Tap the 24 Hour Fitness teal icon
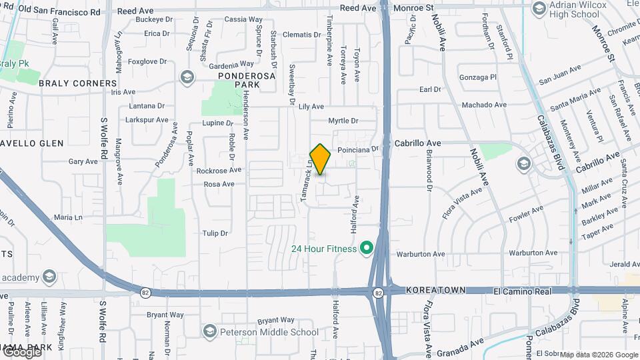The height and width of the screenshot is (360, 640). (x=365, y=249)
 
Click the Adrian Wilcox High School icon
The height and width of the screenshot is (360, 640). (x=539, y=8)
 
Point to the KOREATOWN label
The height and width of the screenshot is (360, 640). (x=435, y=291)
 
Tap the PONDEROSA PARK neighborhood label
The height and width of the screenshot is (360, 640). (x=246, y=81)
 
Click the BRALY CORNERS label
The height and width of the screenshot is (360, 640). (x=77, y=83)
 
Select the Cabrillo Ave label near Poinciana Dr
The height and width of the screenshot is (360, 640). (x=418, y=143)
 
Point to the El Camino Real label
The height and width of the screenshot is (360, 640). (x=523, y=291)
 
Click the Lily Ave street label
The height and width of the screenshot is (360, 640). (x=311, y=107)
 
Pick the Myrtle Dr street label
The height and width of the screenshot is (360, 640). (x=343, y=121)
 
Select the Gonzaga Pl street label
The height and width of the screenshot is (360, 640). (x=478, y=77)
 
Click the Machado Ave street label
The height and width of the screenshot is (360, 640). (x=485, y=105)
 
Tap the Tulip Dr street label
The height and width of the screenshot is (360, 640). (x=215, y=233)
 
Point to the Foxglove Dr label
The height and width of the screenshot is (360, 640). (x=147, y=62)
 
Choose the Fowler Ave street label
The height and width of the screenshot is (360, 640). (x=527, y=214)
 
